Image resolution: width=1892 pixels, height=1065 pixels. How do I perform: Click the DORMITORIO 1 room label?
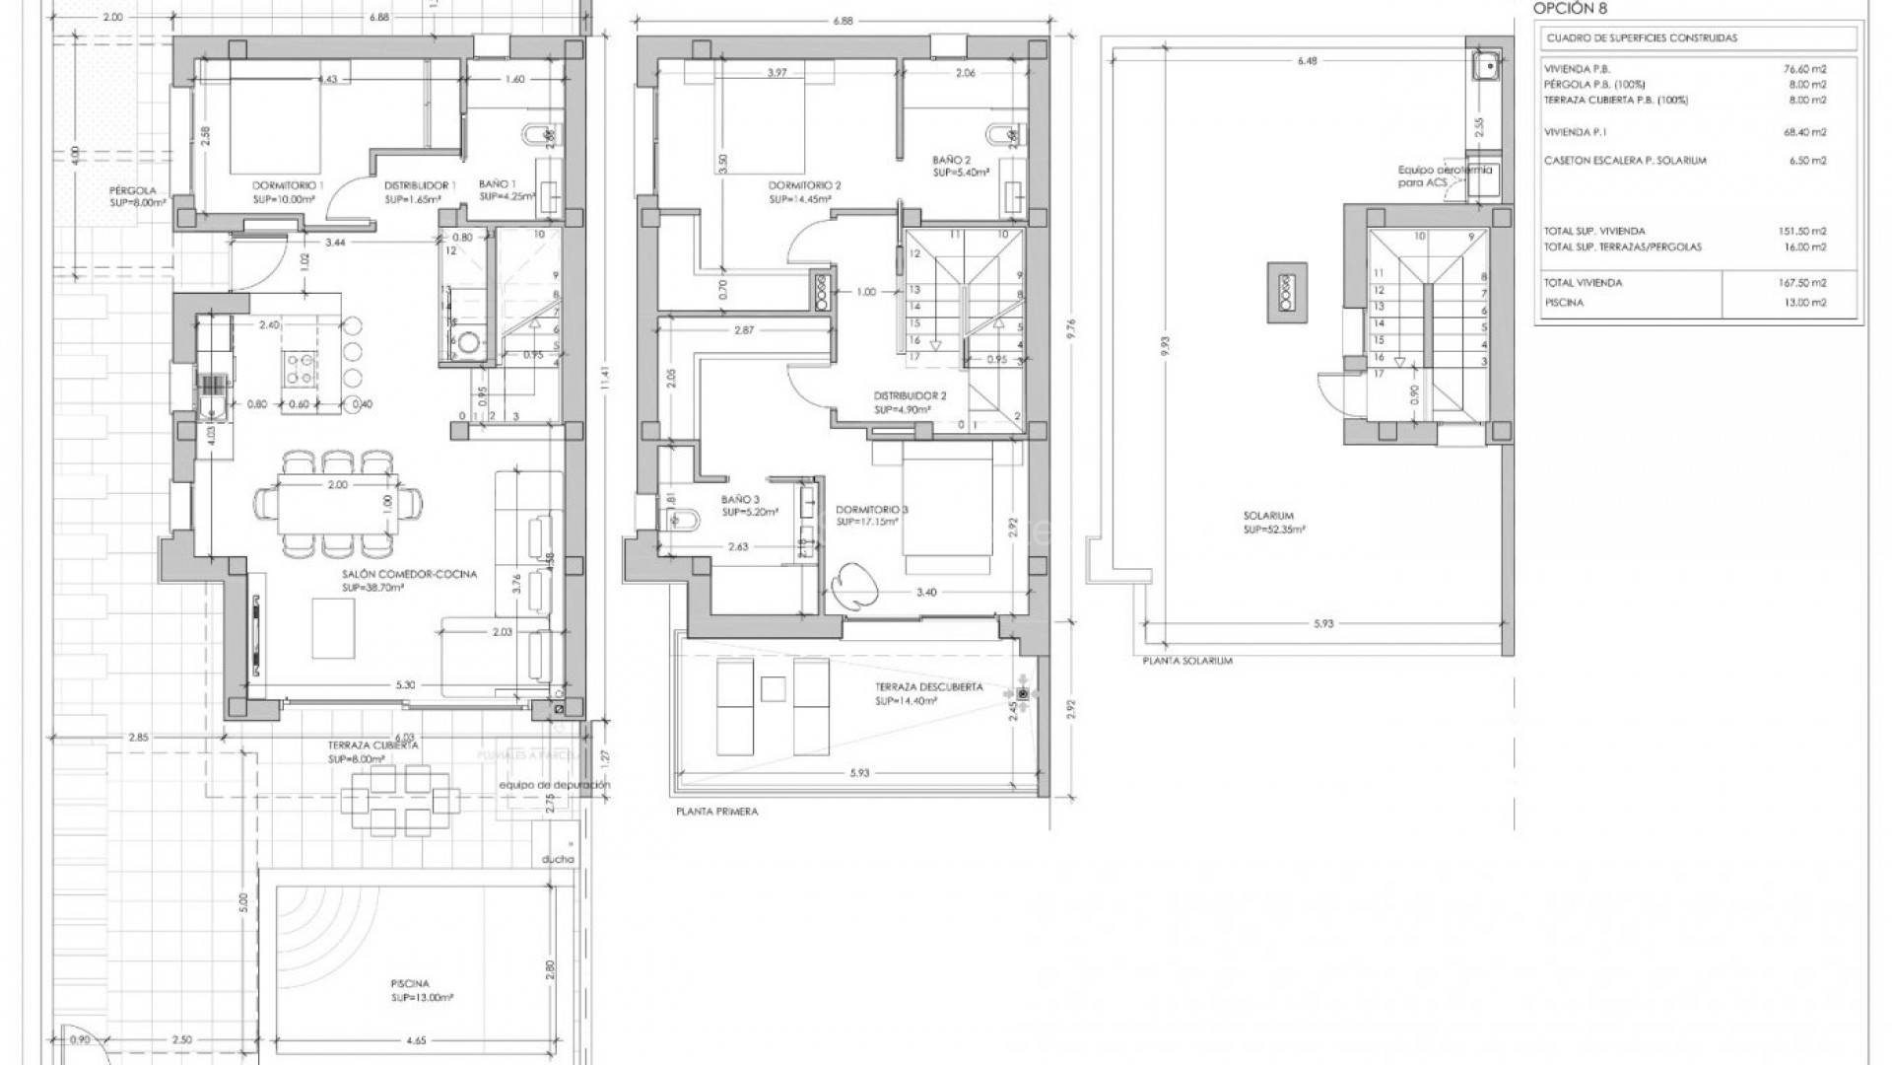288,185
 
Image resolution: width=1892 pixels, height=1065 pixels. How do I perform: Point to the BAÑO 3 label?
739,500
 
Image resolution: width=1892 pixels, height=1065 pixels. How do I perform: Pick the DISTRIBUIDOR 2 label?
909,396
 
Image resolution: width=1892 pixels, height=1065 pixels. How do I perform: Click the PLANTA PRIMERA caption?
716,813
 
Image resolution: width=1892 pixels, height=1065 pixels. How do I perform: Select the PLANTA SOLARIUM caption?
1187,661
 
